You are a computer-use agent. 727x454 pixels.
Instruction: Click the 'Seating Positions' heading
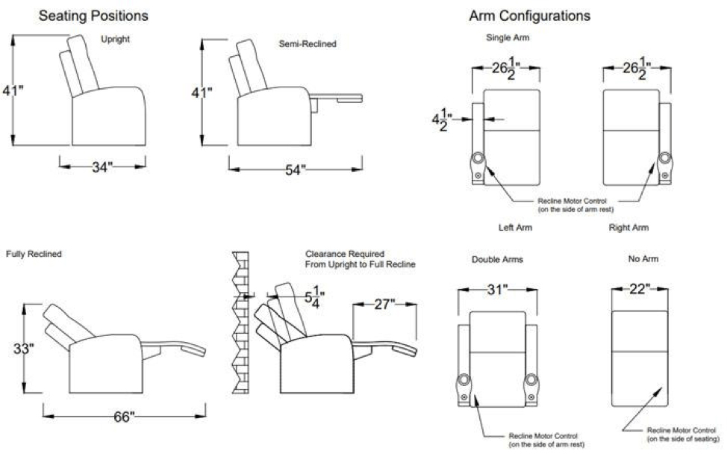pos(93,16)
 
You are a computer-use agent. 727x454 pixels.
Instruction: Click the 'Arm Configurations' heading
pos(529,16)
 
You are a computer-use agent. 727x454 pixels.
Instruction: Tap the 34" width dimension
pos(102,168)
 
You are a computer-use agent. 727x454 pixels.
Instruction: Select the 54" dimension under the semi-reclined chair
pos(296,170)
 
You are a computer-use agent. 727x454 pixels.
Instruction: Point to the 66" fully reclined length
pos(124,417)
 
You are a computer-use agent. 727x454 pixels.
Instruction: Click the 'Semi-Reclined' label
pos(308,44)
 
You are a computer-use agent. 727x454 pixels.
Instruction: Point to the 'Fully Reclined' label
pos(34,254)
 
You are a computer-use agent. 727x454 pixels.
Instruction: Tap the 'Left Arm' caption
pos(515,227)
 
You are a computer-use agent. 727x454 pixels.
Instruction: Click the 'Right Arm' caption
pos(628,227)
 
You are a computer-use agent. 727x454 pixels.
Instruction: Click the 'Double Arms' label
pos(497,260)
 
